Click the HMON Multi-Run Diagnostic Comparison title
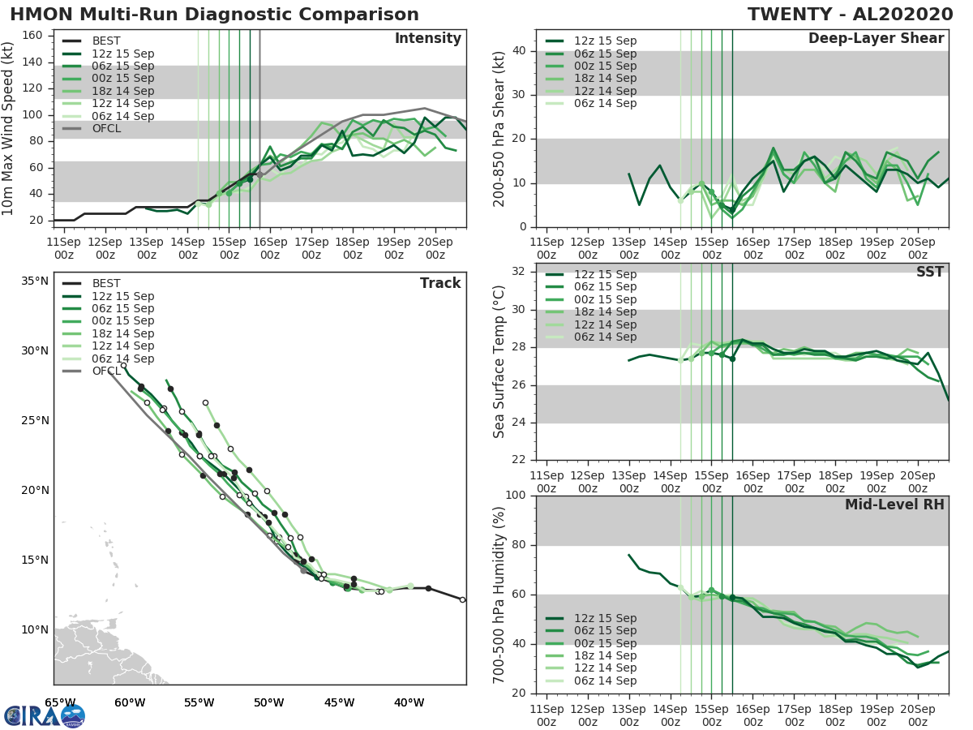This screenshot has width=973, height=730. click(x=214, y=15)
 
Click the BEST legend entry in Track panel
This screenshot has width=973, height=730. click(x=106, y=284)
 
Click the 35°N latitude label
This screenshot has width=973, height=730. click(x=35, y=281)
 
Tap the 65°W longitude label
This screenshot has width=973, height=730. click(x=60, y=702)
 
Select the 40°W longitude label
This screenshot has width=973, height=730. click(x=409, y=702)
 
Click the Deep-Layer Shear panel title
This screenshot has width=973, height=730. click(x=876, y=39)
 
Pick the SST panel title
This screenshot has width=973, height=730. click(x=929, y=272)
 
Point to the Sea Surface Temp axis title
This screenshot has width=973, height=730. click(x=499, y=362)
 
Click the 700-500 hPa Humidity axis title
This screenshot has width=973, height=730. click(x=499, y=595)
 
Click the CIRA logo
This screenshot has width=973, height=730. click(x=45, y=715)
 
